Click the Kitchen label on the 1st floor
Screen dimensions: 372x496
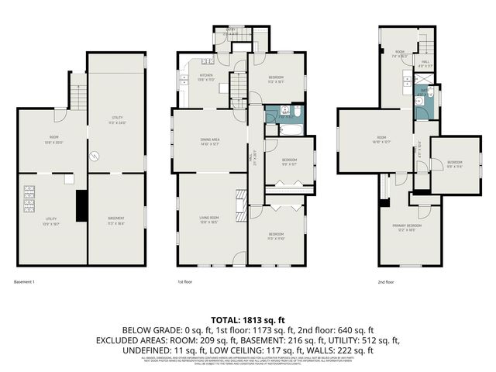point(206,76)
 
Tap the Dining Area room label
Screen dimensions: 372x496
point(209,140)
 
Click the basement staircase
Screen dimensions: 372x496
point(77,97)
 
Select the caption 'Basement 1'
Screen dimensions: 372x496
point(24,281)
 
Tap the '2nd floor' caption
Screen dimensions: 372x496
point(386,281)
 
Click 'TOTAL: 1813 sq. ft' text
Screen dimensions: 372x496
point(247,319)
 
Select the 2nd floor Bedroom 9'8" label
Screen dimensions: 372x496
point(455,164)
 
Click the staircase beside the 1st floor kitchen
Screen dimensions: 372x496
point(239,84)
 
